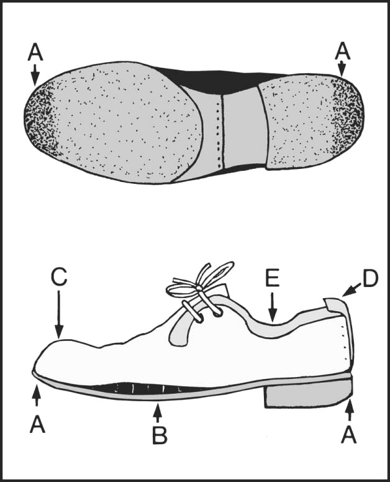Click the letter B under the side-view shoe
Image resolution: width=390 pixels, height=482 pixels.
pyautogui.click(x=160, y=435)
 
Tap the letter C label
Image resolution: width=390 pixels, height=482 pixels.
pyautogui.click(x=59, y=277)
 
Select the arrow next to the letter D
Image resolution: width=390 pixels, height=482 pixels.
pyautogui.click(x=351, y=289)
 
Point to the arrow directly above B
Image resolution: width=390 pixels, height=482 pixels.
pyautogui.click(x=159, y=411)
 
